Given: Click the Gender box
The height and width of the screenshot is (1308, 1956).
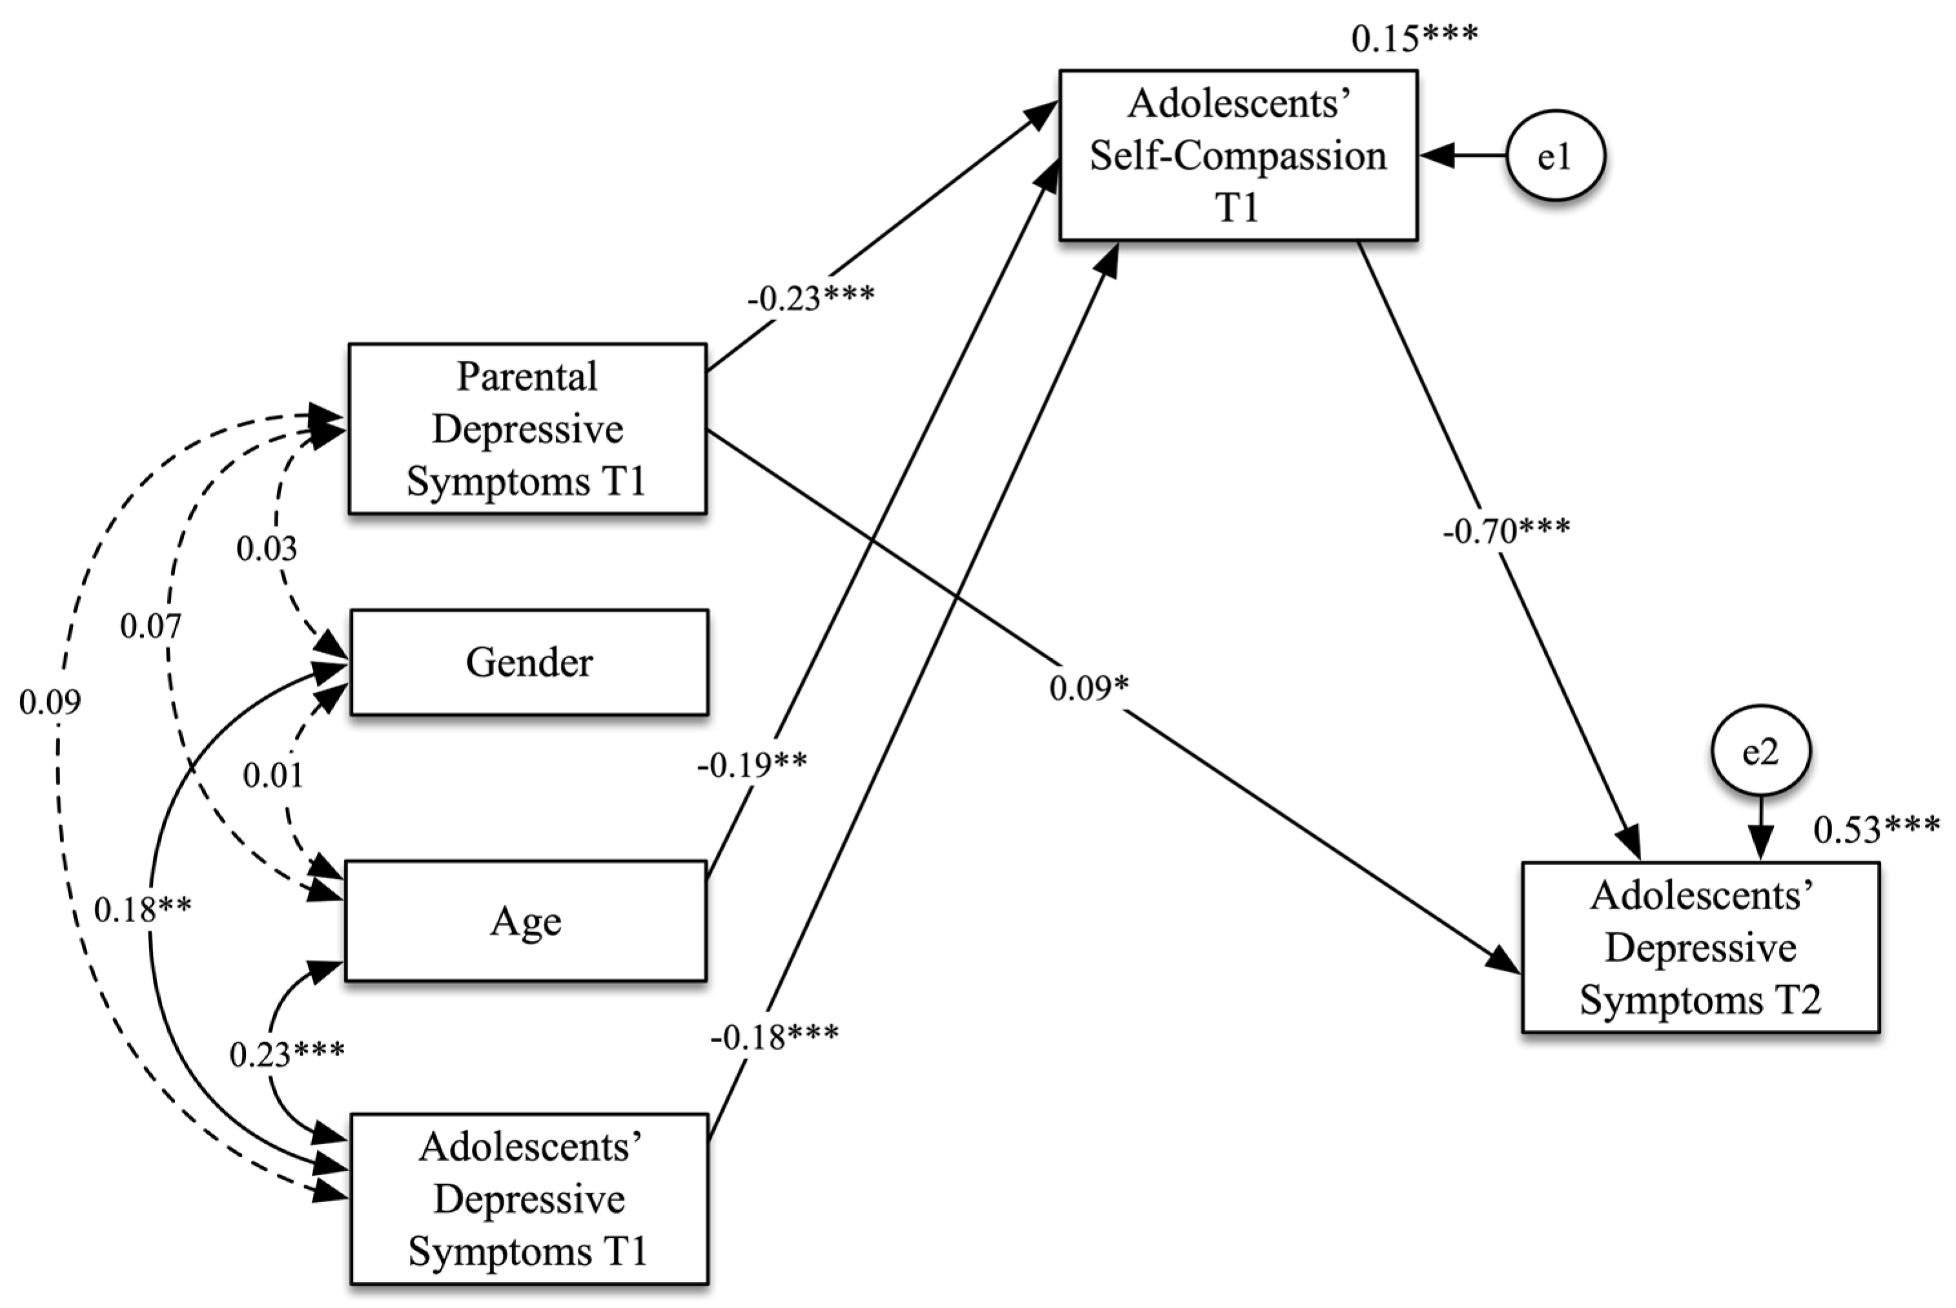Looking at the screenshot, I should (529, 662).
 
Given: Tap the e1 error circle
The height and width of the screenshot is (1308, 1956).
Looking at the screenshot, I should (1556, 156).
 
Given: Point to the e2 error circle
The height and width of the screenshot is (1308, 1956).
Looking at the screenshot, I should (1760, 751).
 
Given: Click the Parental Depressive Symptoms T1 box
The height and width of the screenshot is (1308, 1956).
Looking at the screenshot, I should (527, 429).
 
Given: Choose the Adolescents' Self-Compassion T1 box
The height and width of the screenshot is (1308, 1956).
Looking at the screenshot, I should (1238, 156).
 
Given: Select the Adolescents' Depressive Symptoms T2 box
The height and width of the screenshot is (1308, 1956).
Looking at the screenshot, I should (1700, 948).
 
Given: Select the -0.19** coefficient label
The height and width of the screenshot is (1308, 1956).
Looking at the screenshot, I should (751, 764).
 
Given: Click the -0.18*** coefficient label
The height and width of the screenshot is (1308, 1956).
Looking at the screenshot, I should (774, 1037).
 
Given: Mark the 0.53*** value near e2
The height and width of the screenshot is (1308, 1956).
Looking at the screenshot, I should (1876, 829).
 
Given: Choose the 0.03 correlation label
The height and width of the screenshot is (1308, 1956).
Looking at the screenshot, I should (266, 549).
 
